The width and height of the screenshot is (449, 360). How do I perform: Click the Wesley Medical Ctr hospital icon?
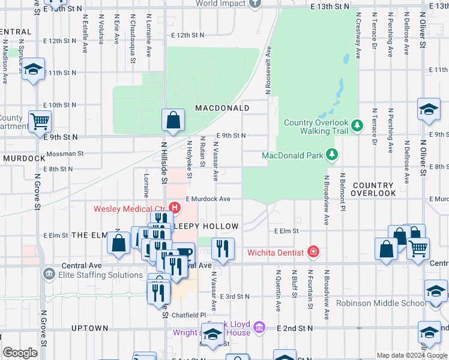pos(175,208)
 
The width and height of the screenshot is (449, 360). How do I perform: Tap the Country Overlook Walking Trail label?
pos(316,127)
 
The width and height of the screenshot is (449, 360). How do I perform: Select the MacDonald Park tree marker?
pos(331,155)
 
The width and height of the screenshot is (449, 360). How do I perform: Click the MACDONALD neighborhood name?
pos(221,108)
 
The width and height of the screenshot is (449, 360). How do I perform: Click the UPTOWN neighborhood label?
pos(89,328)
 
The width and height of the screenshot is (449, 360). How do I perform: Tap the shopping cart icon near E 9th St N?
pos(40,121)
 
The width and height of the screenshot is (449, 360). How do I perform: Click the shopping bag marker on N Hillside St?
pos(173,119)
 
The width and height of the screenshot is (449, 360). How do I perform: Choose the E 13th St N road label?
pos(330,5)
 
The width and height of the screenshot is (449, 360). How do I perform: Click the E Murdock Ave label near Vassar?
pos(208,199)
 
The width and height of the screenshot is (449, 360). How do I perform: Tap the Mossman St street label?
pos(65,154)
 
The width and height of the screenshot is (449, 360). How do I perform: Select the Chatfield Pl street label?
pos(187,314)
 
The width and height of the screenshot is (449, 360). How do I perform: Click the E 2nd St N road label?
pos(296,328)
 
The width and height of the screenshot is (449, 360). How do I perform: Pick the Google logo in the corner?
pos(20,353)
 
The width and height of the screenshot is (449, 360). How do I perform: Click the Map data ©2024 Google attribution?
pos(411,355)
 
